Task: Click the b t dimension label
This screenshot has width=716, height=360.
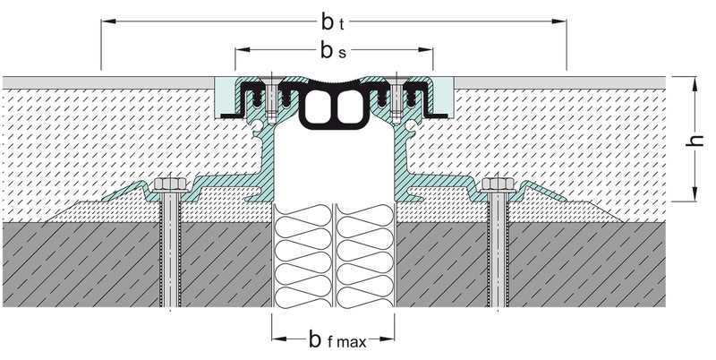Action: pyautogui.click(x=332, y=21)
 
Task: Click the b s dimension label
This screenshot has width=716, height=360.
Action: pyautogui.click(x=333, y=51)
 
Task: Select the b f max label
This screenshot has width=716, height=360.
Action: pyautogui.click(x=337, y=339)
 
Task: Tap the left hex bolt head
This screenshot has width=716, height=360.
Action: pyautogui.click(x=170, y=184)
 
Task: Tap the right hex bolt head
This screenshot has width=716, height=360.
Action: pyautogui.click(x=499, y=184)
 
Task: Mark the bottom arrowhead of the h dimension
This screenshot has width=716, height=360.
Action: pyautogui.click(x=695, y=193)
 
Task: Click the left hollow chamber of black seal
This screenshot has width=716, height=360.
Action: pyautogui.click(x=319, y=107)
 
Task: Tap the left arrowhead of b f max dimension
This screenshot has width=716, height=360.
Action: pyautogui.click(x=279, y=339)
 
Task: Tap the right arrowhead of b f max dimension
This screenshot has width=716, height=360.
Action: pyautogui.click(x=387, y=339)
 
